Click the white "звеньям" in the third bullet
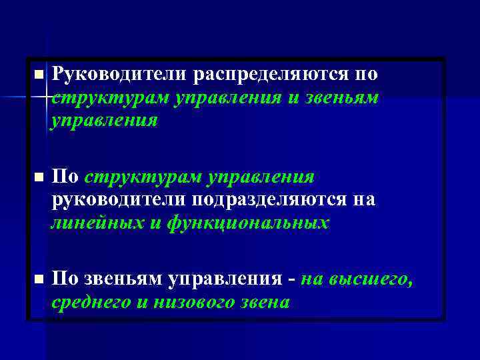pyautogui.click(x=120, y=279)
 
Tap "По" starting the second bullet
pyautogui.click(x=65, y=177)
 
